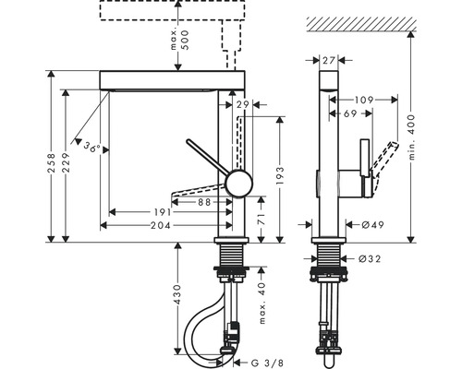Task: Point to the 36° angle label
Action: point(90,147)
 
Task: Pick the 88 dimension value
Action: point(205,201)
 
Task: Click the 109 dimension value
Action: point(363,98)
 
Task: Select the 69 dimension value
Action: point(351,113)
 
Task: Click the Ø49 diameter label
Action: point(372,224)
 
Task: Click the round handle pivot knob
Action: point(239,182)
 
